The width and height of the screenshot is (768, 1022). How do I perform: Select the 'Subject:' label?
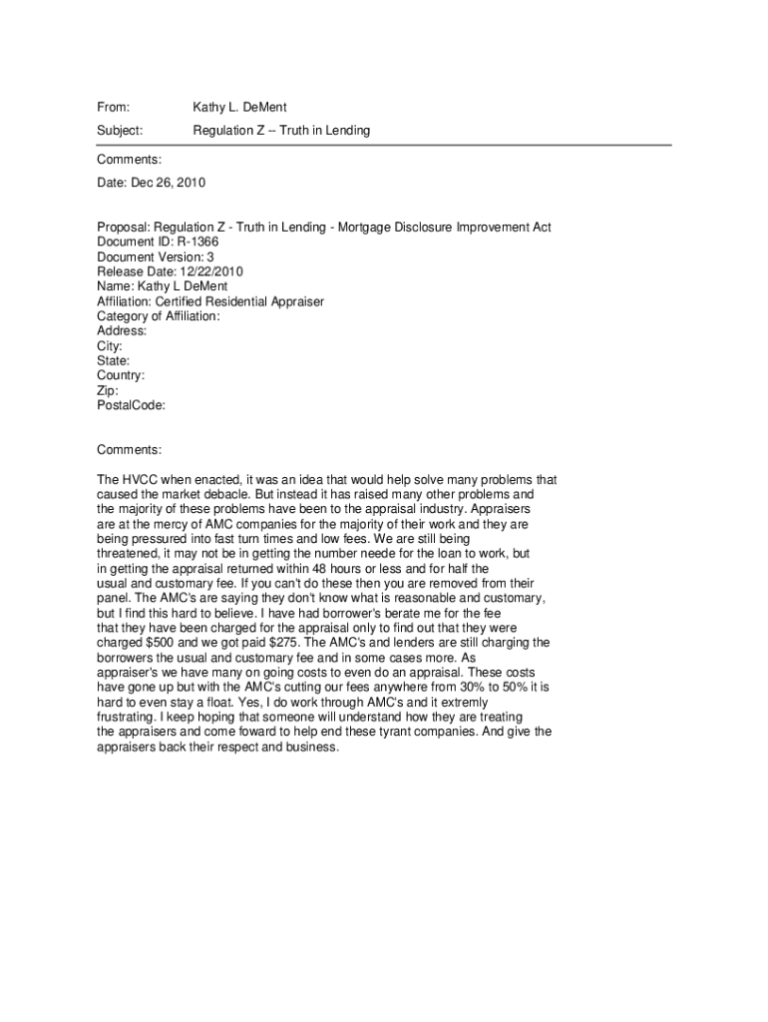[x=120, y=131]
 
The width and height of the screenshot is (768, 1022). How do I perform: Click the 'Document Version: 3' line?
[x=156, y=256]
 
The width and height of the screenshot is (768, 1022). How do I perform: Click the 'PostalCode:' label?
[x=131, y=405]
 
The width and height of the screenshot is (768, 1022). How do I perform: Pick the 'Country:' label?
[x=121, y=375]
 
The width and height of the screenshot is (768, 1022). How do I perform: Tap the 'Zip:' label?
[x=108, y=390]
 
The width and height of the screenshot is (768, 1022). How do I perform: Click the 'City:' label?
[x=110, y=345]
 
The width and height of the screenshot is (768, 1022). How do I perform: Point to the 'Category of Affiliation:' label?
[x=159, y=316]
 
